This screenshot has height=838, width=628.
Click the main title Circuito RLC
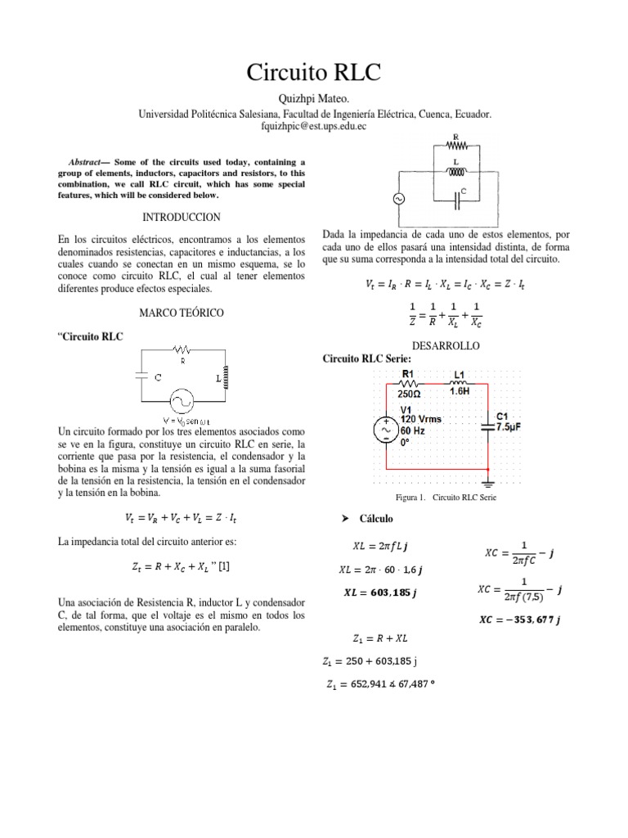[x=314, y=73]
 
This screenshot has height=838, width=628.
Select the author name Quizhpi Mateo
[x=314, y=100]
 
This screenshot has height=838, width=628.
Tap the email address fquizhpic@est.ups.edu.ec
[x=314, y=129]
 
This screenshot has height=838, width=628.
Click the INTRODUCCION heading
[x=182, y=217]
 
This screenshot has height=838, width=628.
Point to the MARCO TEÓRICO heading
[x=182, y=313]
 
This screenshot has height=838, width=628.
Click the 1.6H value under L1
[x=460, y=391]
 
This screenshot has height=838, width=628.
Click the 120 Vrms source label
[x=421, y=418]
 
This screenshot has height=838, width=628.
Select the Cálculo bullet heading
[x=372, y=519]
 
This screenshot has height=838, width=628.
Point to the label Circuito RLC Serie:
[x=367, y=359]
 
